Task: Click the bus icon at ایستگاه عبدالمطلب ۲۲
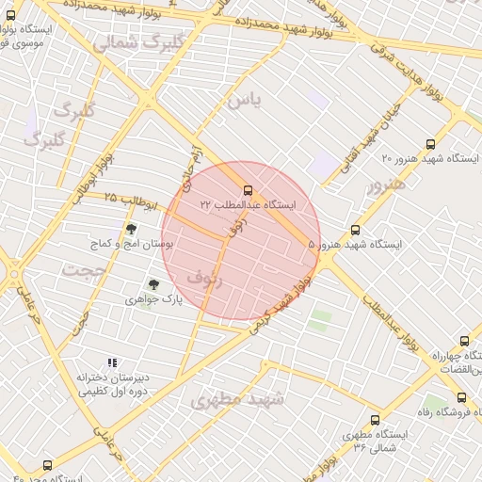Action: (x=248, y=190)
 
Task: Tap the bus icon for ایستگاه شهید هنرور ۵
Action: (x=355, y=230)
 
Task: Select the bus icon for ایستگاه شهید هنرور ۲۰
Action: (x=430, y=144)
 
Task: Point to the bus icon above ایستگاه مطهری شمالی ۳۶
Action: (x=375, y=420)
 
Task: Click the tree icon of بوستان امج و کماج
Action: (x=131, y=229)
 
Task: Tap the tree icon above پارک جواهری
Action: (x=153, y=284)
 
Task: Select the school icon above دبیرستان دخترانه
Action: (x=112, y=362)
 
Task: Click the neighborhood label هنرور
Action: (x=386, y=186)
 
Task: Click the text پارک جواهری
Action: (x=153, y=299)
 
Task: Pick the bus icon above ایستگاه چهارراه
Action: (x=464, y=341)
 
